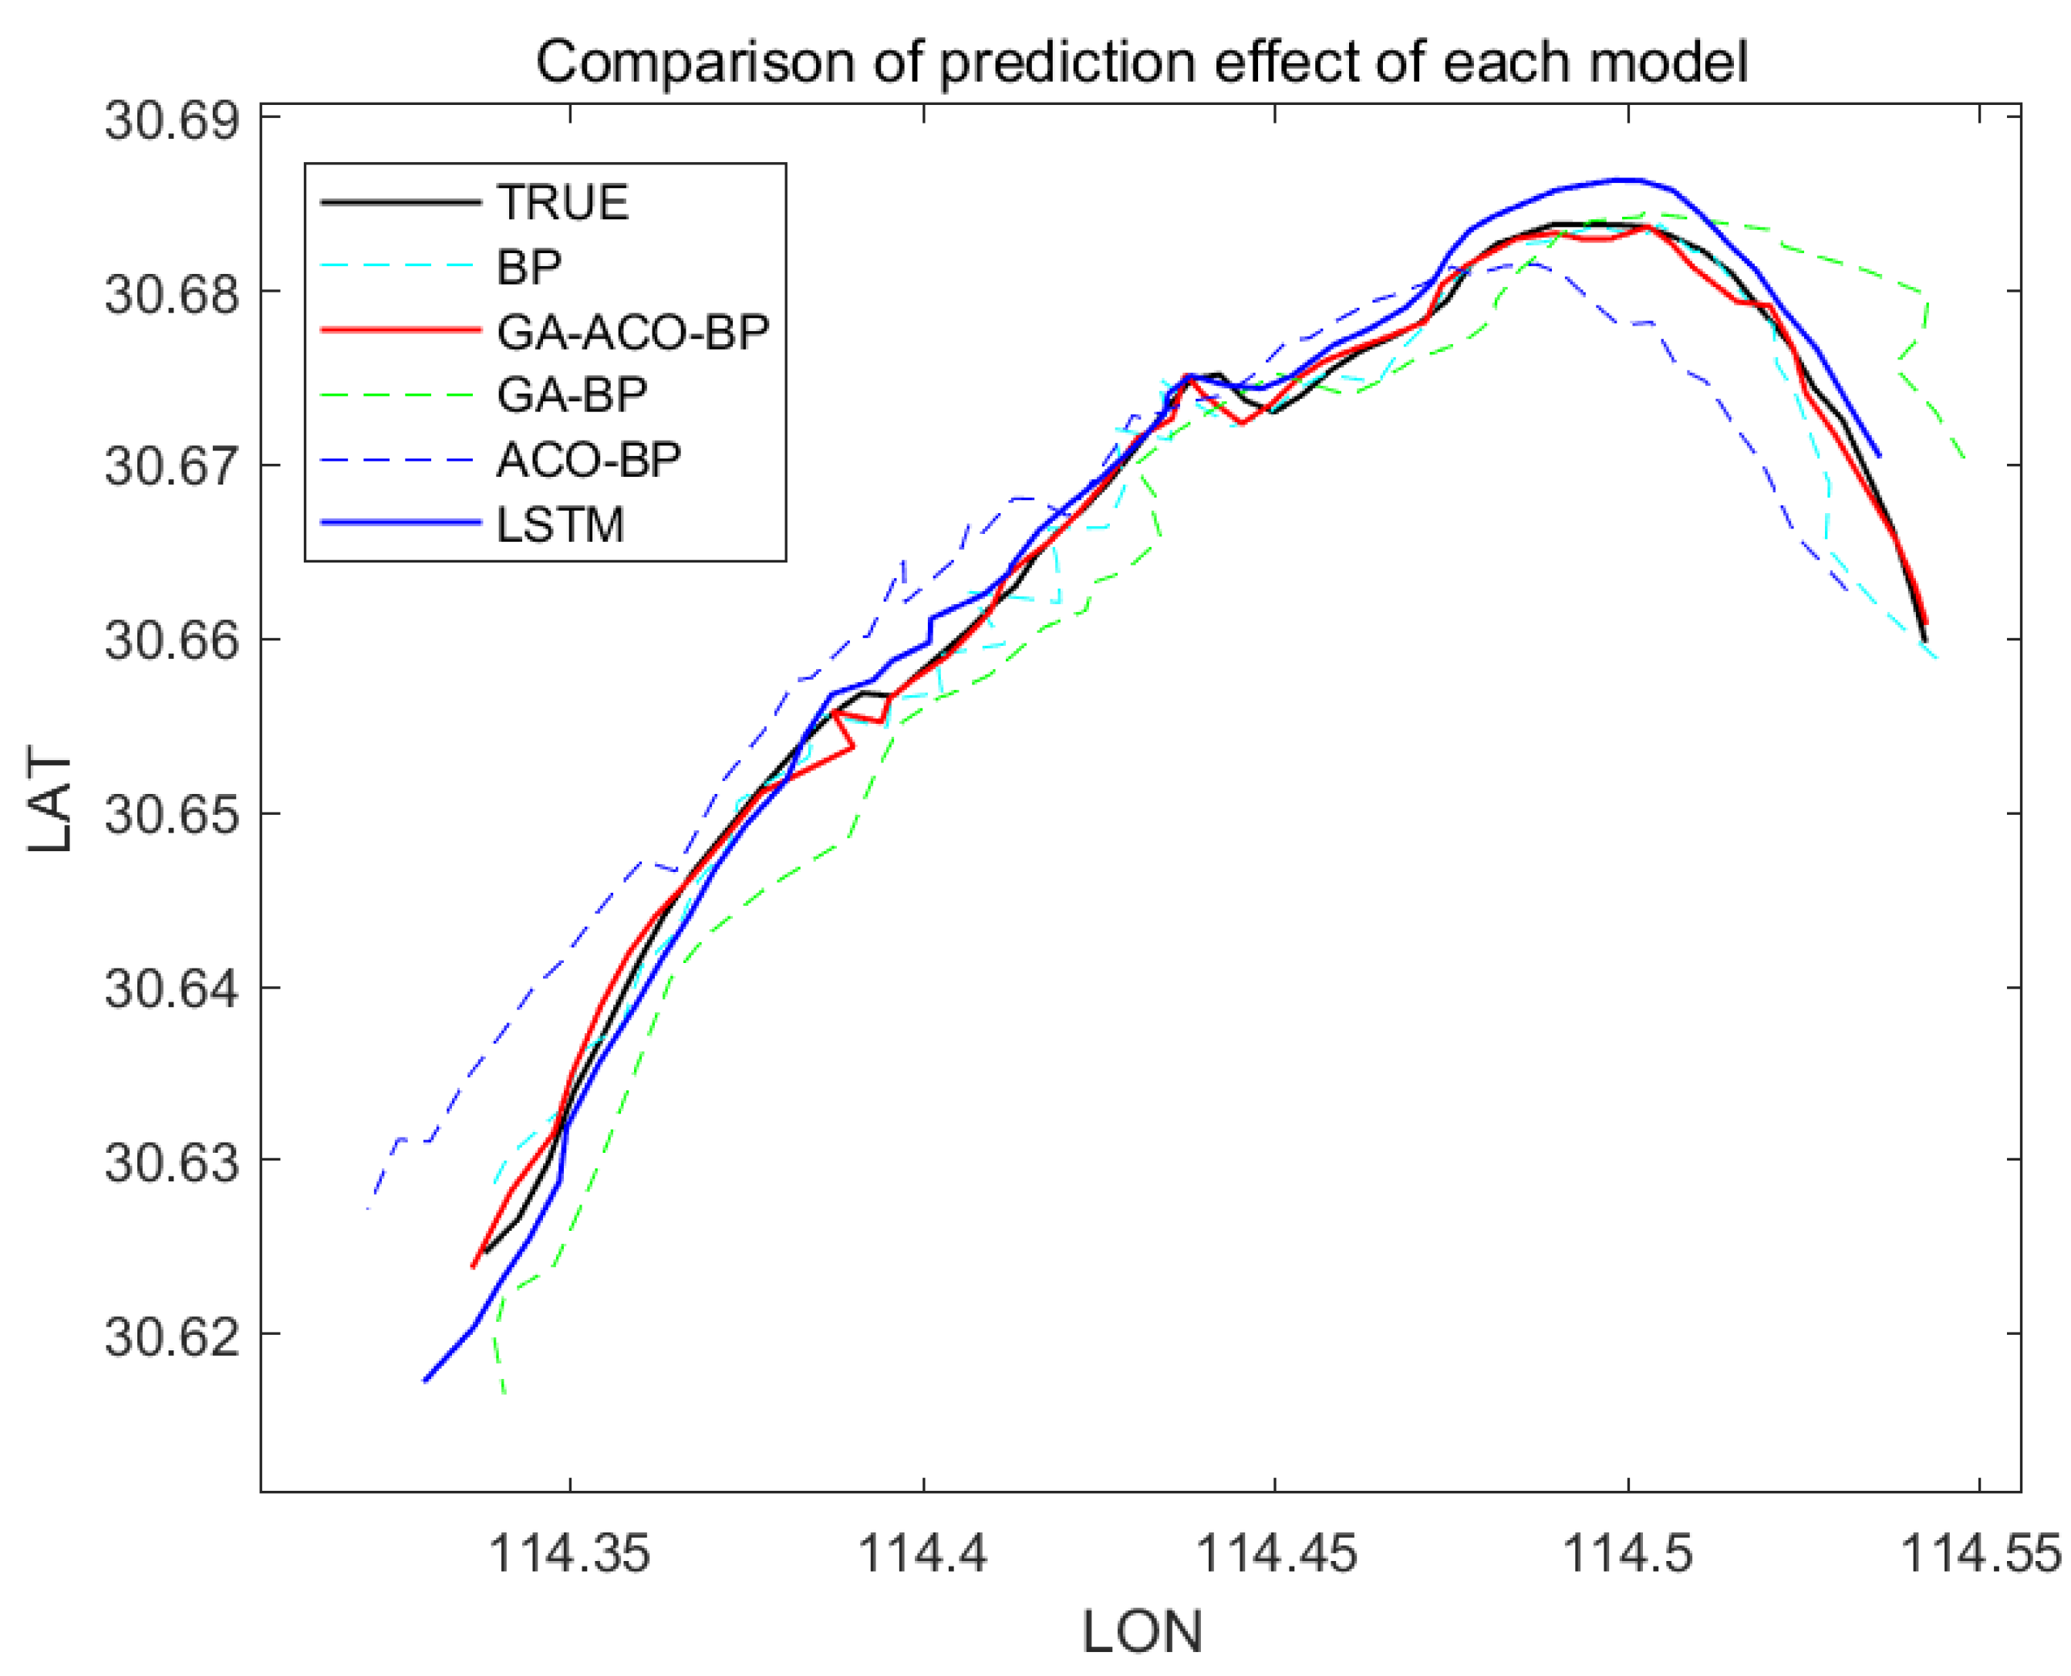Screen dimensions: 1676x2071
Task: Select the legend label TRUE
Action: (x=562, y=203)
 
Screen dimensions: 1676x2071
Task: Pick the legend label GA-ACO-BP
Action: (x=633, y=331)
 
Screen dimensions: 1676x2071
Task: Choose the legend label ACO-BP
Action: (x=589, y=460)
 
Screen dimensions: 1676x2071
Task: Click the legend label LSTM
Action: (x=561, y=524)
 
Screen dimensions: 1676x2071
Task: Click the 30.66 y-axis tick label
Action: (x=170, y=640)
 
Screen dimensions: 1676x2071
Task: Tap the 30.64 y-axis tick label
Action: (x=170, y=988)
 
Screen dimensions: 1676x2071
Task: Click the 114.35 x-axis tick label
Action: (x=569, y=1553)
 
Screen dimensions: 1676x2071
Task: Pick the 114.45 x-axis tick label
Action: (x=1275, y=1553)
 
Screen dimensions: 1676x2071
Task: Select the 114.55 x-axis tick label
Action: (x=1979, y=1553)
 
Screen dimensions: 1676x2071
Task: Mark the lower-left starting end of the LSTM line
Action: (x=425, y=1380)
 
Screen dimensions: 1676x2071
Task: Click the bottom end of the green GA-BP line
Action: (x=504, y=1391)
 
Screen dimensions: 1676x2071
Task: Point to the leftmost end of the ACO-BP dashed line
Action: (x=369, y=1208)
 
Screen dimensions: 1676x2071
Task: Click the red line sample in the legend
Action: (x=400, y=330)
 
